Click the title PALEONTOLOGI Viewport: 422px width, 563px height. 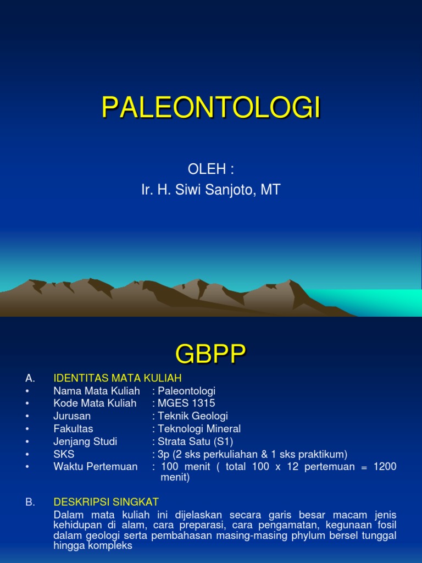tap(211, 108)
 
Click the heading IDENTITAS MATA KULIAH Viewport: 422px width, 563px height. tap(117, 378)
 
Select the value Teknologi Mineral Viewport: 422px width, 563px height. tap(199, 429)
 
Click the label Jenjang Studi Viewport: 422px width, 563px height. tap(85, 441)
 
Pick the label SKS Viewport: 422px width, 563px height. tap(64, 454)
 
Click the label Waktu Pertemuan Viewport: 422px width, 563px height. tap(96, 467)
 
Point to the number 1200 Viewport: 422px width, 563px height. tap(385, 467)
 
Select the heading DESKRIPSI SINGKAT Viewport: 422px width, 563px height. tap(106, 502)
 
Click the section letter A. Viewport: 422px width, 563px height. tap(30, 378)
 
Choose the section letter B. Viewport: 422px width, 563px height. tap(30, 502)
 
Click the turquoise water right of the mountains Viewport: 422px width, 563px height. tap(385, 302)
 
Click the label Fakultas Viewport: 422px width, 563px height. tap(73, 429)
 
